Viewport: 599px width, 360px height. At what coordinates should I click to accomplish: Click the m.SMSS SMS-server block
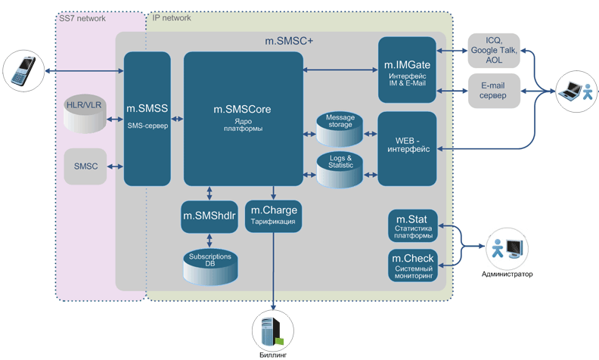[x=148, y=119]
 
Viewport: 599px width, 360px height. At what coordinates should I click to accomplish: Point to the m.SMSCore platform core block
[x=242, y=119]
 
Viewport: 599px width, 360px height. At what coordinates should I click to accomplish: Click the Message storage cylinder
[x=340, y=130]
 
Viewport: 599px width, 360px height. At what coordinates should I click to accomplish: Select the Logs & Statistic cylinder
[x=340, y=169]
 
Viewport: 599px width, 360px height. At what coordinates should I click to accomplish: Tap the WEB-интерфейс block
[x=407, y=148]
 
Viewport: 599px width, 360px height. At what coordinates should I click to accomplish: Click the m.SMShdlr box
[x=209, y=216]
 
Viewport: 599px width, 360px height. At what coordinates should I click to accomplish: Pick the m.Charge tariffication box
[x=274, y=216]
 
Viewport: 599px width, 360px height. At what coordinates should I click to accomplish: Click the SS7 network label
[x=82, y=17]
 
